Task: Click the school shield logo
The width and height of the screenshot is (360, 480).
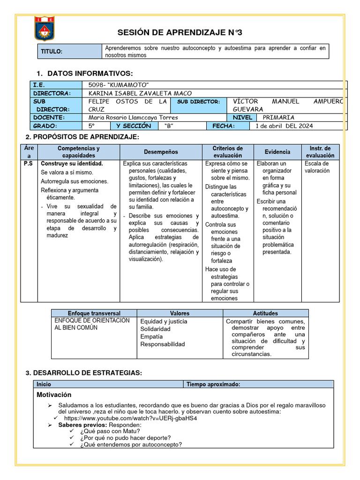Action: pyautogui.click(x=45, y=28)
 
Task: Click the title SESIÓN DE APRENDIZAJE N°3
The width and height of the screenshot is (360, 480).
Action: pyautogui.click(x=180, y=32)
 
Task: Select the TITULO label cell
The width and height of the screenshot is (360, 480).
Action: pyautogui.click(x=52, y=52)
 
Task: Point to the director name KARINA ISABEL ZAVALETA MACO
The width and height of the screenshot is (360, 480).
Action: pyautogui.click(x=140, y=93)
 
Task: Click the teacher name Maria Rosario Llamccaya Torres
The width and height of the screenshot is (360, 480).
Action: pyautogui.click(x=133, y=118)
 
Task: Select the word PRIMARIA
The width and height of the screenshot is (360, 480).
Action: pyautogui.click(x=278, y=118)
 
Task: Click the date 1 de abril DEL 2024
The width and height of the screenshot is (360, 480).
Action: pyautogui.click(x=284, y=126)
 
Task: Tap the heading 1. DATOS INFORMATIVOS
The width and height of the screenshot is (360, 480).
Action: pyautogui.click(x=84, y=74)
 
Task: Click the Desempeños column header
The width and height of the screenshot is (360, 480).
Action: pyautogui.click(x=161, y=152)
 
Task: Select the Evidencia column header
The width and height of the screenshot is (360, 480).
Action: pyautogui.click(x=277, y=152)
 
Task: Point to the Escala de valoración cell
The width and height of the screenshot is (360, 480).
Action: pyautogui.click(x=317, y=167)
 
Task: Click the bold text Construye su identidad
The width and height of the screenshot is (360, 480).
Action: pyautogui.click(x=72, y=164)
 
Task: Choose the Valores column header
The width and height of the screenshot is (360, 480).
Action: pyautogui.click(x=180, y=313)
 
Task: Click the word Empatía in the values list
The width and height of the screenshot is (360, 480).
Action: pyautogui.click(x=151, y=337)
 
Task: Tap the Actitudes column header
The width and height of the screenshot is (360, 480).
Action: pyautogui.click(x=265, y=313)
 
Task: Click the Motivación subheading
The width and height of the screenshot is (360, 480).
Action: pyautogui.click(x=54, y=395)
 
